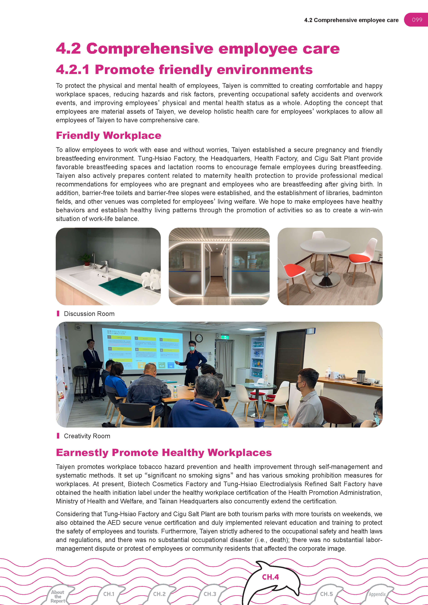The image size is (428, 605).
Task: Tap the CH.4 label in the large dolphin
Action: click(270, 577)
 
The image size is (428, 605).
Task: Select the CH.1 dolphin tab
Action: click(109, 594)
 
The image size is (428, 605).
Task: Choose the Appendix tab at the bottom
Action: click(377, 594)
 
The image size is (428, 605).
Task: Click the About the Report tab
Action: click(58, 596)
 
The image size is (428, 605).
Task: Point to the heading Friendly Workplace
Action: click(108, 135)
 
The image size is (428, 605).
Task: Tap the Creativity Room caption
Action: click(87, 436)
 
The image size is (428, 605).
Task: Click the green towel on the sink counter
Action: click(121, 286)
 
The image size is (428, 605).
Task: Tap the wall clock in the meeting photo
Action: click(199, 338)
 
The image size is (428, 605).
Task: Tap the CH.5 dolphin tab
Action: click(326, 594)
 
